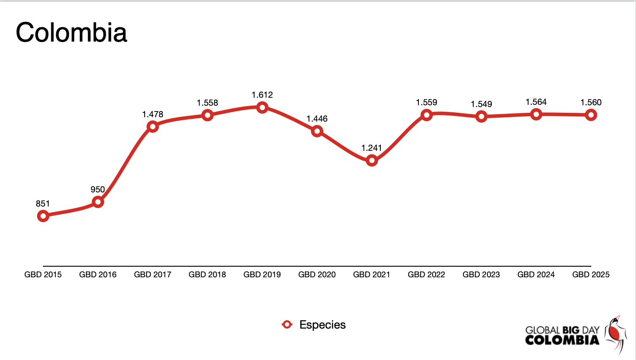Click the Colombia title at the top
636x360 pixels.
tap(72, 32)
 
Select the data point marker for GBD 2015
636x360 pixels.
tap(43, 216)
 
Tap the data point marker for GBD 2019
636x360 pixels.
tap(262, 107)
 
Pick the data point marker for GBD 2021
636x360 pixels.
tap(372, 160)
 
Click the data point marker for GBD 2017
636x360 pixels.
tap(153, 126)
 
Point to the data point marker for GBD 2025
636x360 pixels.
tap(591, 115)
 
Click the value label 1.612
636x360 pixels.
tap(262, 95)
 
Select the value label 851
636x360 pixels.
tap(43, 204)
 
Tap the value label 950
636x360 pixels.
tap(98, 190)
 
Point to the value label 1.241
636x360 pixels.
tap(372, 148)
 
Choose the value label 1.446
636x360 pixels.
tap(317, 119)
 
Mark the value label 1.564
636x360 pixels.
tap(536, 102)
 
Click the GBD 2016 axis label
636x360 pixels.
tap(98, 275)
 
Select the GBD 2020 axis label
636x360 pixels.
tap(317, 275)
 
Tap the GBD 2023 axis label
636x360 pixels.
tap(481, 275)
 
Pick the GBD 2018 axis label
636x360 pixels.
tap(207, 275)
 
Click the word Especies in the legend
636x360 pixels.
tap(322, 325)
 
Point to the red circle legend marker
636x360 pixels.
tap(287, 325)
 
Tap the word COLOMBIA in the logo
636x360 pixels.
tap(562, 340)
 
